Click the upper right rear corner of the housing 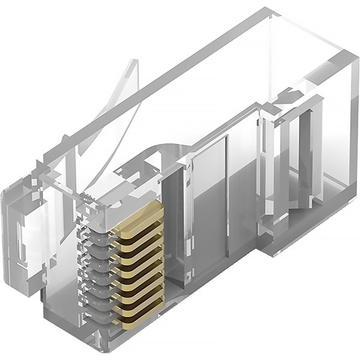click(354, 57)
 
